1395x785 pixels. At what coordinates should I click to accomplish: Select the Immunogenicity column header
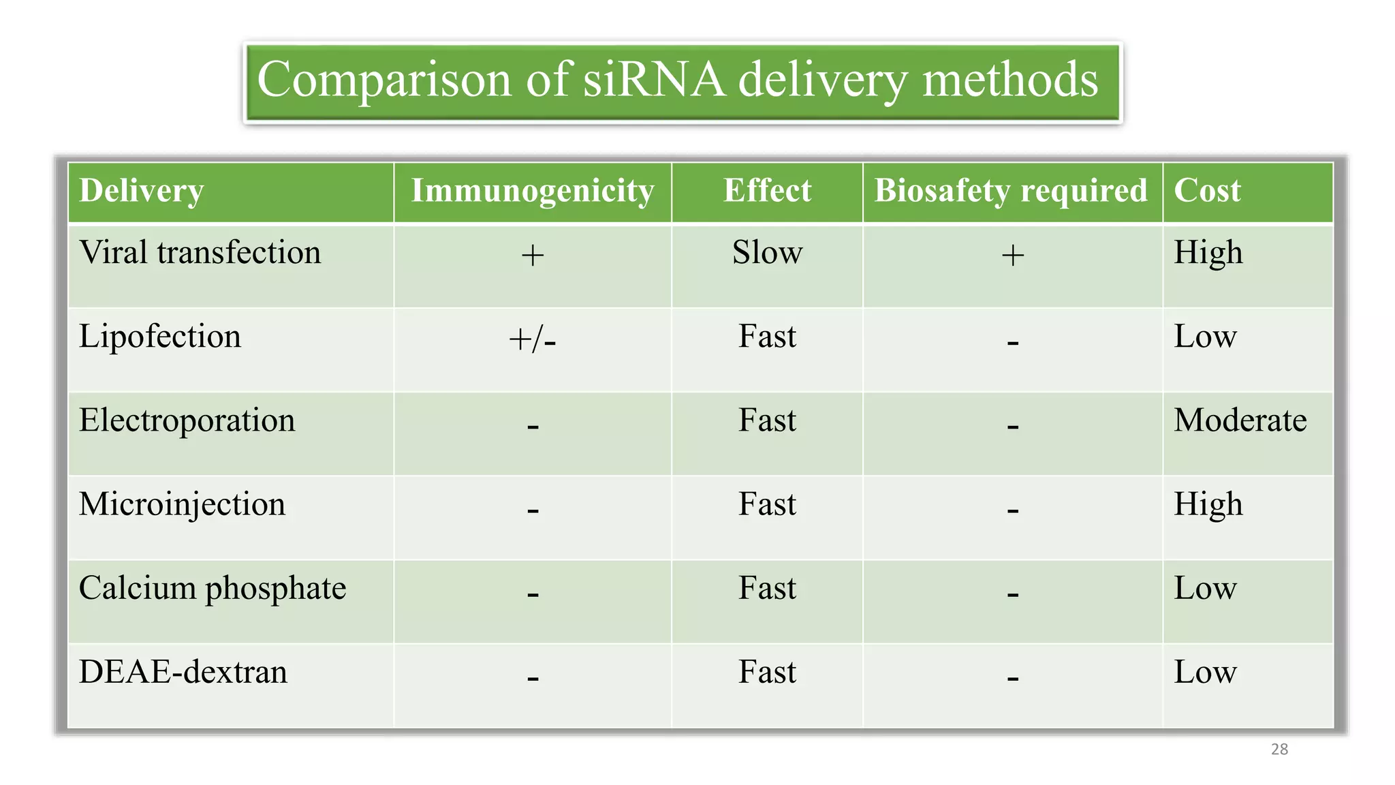tap(533, 191)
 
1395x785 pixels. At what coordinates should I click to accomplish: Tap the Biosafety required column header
tap(1011, 191)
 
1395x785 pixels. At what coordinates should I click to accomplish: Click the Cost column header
tap(1207, 191)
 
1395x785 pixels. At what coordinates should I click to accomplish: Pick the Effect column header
tap(767, 191)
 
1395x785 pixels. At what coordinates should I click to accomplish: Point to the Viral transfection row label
tap(200, 253)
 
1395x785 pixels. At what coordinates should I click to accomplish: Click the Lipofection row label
tap(160, 337)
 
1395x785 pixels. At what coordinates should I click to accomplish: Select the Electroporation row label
tap(187, 420)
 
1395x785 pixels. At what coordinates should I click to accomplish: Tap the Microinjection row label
tap(182, 504)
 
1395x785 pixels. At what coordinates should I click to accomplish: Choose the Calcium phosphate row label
tap(213, 588)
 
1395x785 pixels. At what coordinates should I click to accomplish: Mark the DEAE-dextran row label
tap(183, 672)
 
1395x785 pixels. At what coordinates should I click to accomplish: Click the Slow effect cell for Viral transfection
tap(767, 253)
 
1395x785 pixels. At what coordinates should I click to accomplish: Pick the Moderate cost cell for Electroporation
tap(1240, 420)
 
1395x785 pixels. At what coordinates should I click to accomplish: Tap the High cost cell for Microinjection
tap(1208, 505)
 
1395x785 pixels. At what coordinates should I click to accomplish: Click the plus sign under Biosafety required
tap(1013, 256)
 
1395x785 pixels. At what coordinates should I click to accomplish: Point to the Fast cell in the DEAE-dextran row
tap(767, 672)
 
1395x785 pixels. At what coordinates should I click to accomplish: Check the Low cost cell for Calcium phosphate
tap(1205, 588)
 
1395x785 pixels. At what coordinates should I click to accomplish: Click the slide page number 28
tap(1279, 750)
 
